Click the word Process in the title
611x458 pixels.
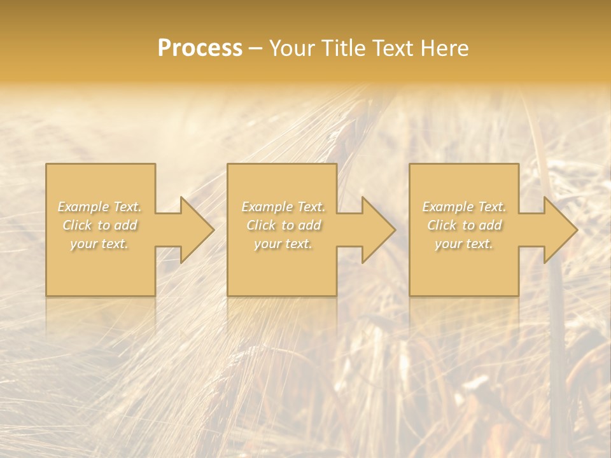(200, 48)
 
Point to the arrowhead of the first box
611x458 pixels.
(191, 230)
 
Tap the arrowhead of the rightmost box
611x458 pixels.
(554, 230)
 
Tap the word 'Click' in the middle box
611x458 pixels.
(260, 225)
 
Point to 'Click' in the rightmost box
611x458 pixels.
(441, 225)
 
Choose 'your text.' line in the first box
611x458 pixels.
(99, 244)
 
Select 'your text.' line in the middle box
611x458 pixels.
(283, 244)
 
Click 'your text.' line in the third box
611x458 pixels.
(464, 244)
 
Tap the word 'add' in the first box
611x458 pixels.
(126, 225)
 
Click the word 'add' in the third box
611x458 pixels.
(491, 225)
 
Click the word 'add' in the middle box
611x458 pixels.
(309, 225)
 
